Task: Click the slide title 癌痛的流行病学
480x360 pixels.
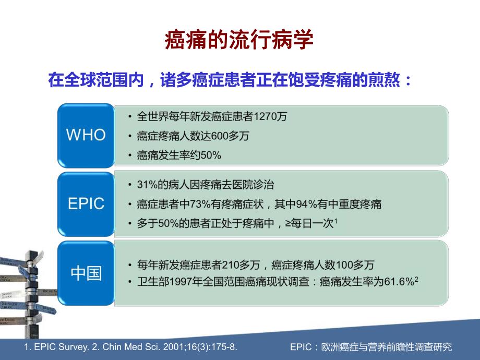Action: pyautogui.click(x=239, y=40)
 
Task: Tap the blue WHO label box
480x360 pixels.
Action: pyautogui.click(x=86, y=135)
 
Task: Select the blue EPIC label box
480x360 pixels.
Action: pyautogui.click(x=86, y=203)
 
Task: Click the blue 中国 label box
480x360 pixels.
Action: pyautogui.click(x=86, y=273)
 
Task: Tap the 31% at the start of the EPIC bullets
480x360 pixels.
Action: pyautogui.click(x=146, y=185)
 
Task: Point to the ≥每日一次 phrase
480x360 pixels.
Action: pyautogui.click(x=314, y=223)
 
